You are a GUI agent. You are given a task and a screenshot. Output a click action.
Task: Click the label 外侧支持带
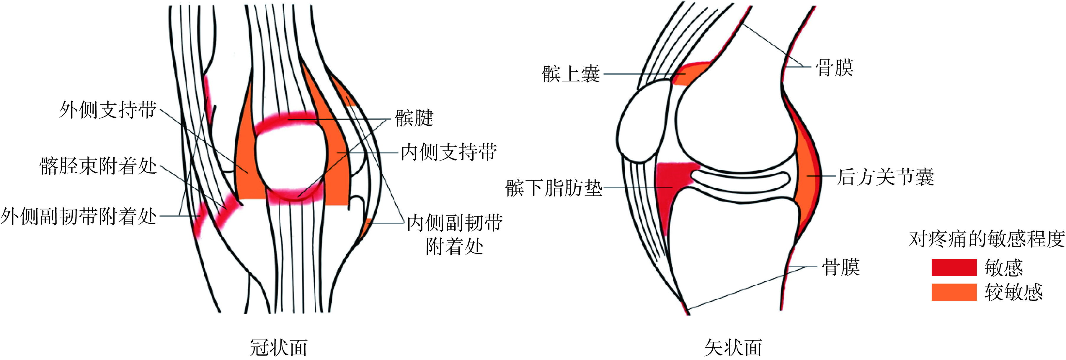pos(107,110)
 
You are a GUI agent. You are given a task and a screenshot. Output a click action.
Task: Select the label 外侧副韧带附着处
pos(79,216)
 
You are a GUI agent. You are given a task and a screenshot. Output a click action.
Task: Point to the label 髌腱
pos(414,118)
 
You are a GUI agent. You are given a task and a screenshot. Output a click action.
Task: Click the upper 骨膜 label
pos(834,68)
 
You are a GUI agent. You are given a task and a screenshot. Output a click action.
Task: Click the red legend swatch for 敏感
pos(954,268)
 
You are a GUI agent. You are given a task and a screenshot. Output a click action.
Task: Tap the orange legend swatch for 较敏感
pos(954,292)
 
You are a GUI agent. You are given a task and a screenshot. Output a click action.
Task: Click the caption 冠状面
pos(278,348)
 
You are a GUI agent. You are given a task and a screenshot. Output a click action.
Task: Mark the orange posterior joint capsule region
pos(806,178)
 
